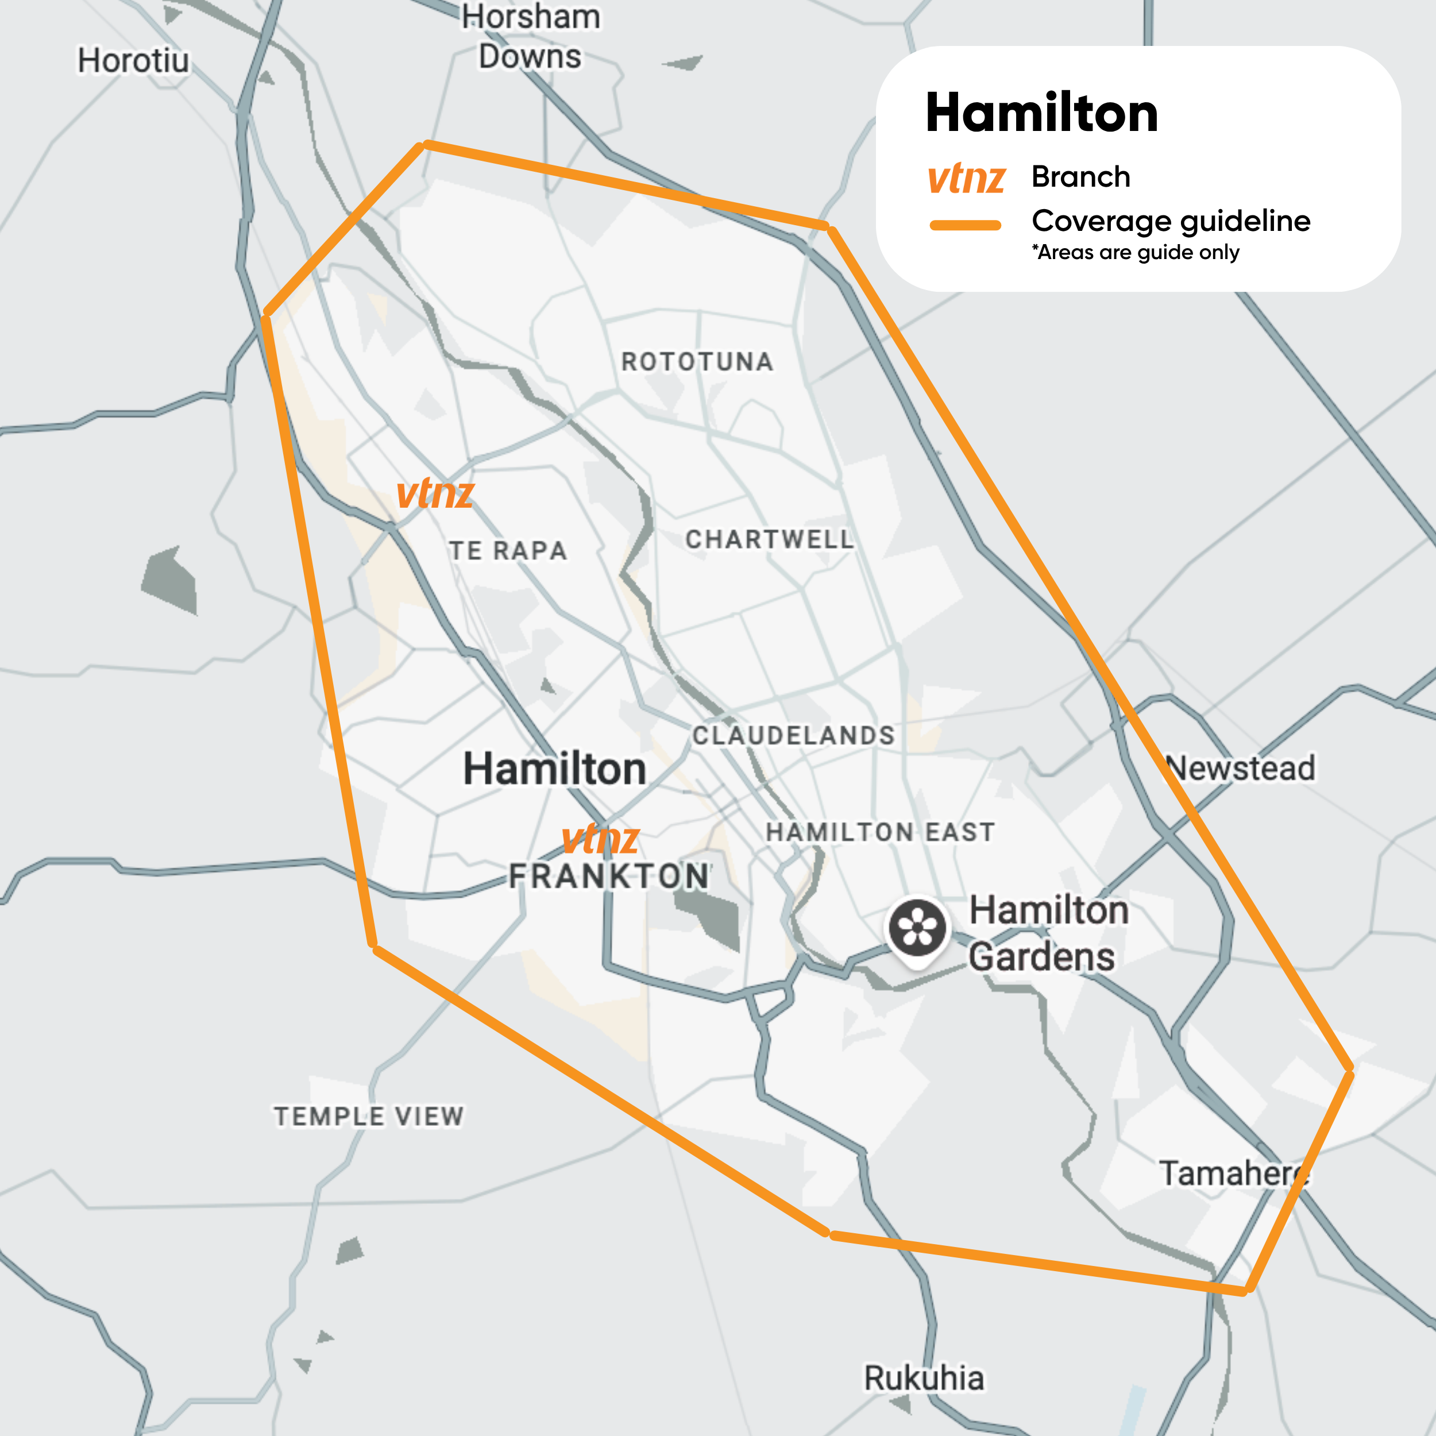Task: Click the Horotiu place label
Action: click(x=133, y=61)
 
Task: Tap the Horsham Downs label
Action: click(x=530, y=37)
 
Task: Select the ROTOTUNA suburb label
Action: click(x=697, y=362)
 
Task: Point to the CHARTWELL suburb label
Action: click(x=769, y=539)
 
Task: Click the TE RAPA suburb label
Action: click(x=508, y=551)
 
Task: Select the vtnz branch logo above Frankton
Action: click(x=600, y=839)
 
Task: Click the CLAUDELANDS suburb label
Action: click(x=793, y=736)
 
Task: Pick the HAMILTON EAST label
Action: click(x=880, y=832)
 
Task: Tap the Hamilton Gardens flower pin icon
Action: click(x=918, y=928)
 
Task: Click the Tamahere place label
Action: click(x=1234, y=1173)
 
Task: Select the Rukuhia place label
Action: click(x=924, y=1378)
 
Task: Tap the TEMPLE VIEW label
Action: click(x=369, y=1117)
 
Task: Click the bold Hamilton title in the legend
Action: click(x=1041, y=113)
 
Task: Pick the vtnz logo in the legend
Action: click(x=966, y=179)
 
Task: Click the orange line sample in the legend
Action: click(x=966, y=225)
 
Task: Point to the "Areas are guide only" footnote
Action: click(x=1135, y=253)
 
